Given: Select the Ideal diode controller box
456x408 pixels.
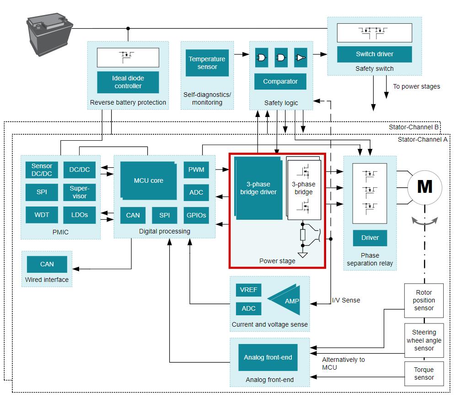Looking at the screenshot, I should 128,82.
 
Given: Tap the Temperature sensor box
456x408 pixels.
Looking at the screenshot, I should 207,63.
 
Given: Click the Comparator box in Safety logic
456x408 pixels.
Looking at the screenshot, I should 280,81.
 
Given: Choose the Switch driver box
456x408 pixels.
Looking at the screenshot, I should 374,54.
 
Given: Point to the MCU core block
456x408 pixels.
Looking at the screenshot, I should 149,180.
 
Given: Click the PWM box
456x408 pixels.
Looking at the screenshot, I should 196,170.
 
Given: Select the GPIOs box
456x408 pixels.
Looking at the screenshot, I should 196,215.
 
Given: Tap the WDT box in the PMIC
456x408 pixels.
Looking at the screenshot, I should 42,215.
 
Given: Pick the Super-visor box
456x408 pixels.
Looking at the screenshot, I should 79,192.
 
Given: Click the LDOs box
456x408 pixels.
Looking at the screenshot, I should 79,215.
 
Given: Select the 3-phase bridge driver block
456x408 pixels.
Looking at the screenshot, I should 258,188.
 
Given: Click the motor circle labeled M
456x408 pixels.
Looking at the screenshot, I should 424,186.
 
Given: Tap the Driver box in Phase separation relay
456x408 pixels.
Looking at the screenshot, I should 370,238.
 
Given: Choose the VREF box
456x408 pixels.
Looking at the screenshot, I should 248,290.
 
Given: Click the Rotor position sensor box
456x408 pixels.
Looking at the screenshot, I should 424,300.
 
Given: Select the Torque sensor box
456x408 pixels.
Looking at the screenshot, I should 424,374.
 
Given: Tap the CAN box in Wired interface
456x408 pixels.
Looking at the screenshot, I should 47,264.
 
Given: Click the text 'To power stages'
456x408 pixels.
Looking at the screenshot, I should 416,86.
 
